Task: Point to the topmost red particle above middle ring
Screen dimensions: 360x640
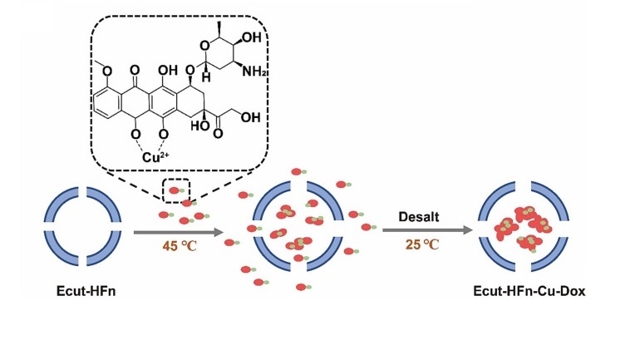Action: (x=294, y=172)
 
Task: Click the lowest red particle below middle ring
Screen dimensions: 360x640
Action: (x=301, y=288)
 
